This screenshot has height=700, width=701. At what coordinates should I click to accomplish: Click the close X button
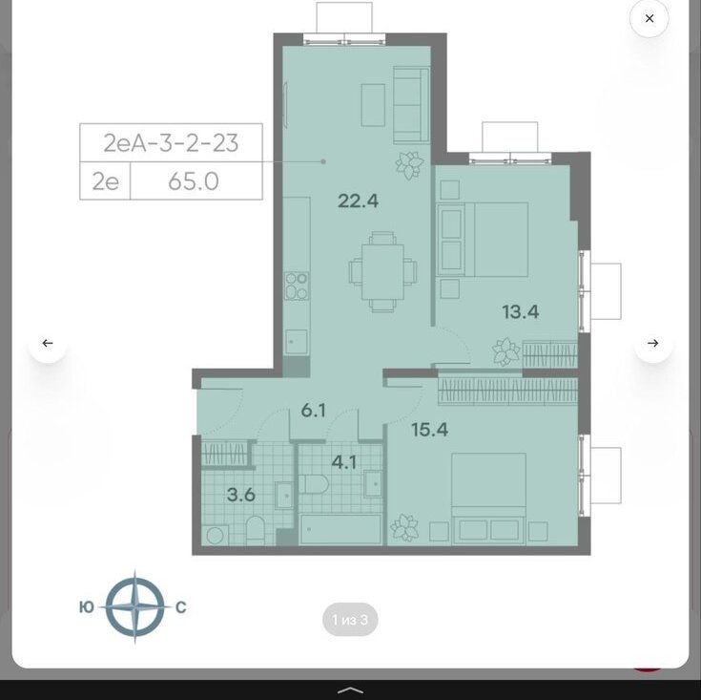click(649, 18)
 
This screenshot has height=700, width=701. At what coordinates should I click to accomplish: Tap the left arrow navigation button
click(48, 343)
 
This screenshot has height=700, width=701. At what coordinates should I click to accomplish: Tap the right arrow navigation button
click(652, 343)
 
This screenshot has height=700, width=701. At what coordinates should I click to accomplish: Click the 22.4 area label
click(358, 201)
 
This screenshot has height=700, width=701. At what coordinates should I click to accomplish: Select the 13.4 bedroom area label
click(521, 311)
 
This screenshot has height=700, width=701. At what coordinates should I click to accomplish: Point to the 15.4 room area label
click(429, 430)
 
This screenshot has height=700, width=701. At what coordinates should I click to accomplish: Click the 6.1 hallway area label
click(314, 410)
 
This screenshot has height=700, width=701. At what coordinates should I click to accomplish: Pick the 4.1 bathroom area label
click(344, 463)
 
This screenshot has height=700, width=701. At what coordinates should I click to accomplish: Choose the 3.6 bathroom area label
click(241, 495)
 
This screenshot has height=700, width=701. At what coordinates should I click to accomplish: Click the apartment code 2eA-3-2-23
click(171, 143)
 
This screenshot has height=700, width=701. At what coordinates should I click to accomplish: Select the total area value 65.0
click(194, 181)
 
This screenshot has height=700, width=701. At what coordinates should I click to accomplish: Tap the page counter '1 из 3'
click(350, 620)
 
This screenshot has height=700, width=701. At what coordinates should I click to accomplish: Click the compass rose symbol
click(135, 607)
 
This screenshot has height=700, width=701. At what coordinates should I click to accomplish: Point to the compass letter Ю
click(86, 607)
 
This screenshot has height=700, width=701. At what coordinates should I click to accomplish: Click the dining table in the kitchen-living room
click(382, 271)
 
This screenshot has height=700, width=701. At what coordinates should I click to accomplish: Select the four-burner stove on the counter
click(297, 286)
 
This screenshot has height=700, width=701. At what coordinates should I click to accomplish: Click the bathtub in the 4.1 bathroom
click(340, 529)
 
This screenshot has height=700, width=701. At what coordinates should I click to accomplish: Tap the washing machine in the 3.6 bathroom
click(215, 536)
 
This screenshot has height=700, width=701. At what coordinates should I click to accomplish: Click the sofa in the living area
click(411, 105)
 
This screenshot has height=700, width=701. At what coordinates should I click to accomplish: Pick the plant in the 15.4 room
click(404, 528)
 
